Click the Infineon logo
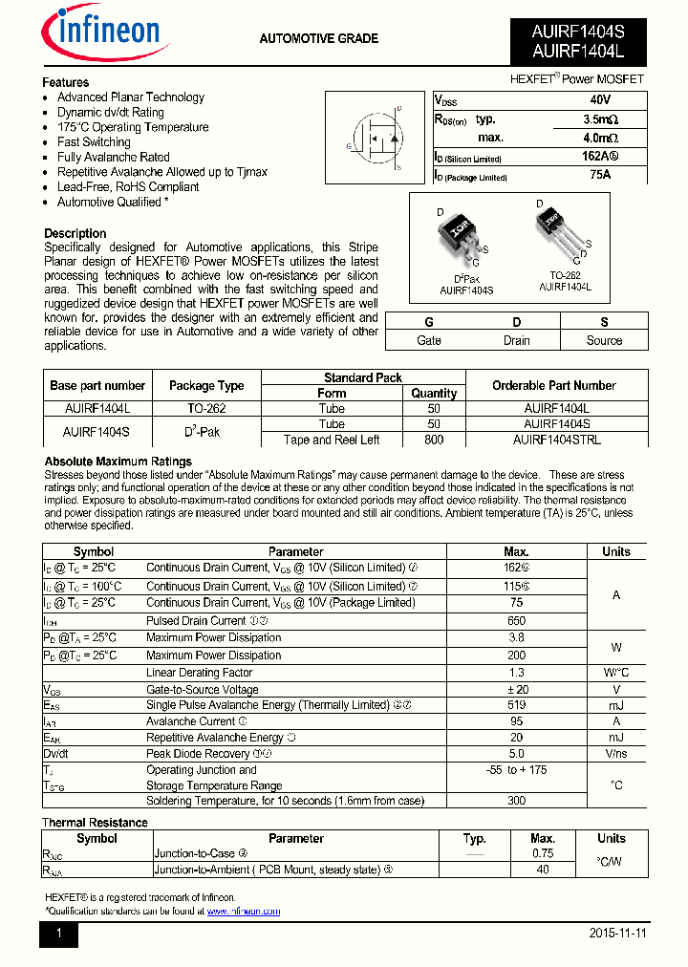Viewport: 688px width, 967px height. coord(105,35)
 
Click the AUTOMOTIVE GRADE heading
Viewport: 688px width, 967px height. coord(319,39)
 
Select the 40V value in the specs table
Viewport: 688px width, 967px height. coord(600,100)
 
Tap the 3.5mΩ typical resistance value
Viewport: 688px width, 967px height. coord(600,119)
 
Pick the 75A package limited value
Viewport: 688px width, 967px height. coord(600,175)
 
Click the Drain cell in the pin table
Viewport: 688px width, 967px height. coord(517,340)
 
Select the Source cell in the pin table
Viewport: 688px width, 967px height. coord(604,340)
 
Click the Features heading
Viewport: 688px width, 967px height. coord(66,82)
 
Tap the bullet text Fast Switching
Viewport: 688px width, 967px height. coord(94,142)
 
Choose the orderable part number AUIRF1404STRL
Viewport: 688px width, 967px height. coord(556,440)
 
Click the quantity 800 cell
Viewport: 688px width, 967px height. coord(434,440)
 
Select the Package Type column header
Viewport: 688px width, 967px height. coord(206,386)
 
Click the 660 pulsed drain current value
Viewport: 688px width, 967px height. coord(516,620)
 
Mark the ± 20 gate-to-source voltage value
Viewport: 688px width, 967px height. coord(516,689)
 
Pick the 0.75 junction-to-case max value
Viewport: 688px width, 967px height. coord(542,853)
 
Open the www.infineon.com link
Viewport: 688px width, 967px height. coord(244,912)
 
